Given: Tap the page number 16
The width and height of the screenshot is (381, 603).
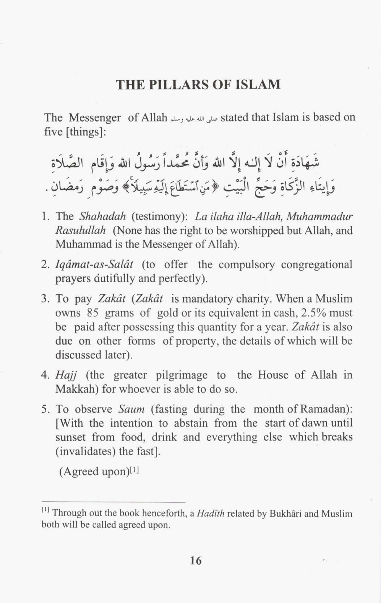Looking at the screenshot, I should (196, 561).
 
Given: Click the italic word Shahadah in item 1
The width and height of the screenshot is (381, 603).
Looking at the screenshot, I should (102, 216).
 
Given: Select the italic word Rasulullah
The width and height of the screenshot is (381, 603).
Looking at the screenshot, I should (80, 230).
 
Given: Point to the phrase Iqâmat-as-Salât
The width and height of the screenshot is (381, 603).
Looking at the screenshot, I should (94, 265).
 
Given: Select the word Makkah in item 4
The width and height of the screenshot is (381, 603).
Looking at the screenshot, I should (77, 389).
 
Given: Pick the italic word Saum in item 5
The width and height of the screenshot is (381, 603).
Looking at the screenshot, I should (131, 409).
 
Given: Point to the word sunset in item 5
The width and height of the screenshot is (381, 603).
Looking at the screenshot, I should (70, 437).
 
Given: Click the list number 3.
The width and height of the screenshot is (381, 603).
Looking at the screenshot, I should (45, 299).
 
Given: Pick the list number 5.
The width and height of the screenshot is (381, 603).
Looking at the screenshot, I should (45, 409).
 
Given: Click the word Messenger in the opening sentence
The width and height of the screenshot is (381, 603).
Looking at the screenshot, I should (95, 118).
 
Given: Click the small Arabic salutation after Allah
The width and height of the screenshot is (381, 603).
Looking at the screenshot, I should (193, 118).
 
